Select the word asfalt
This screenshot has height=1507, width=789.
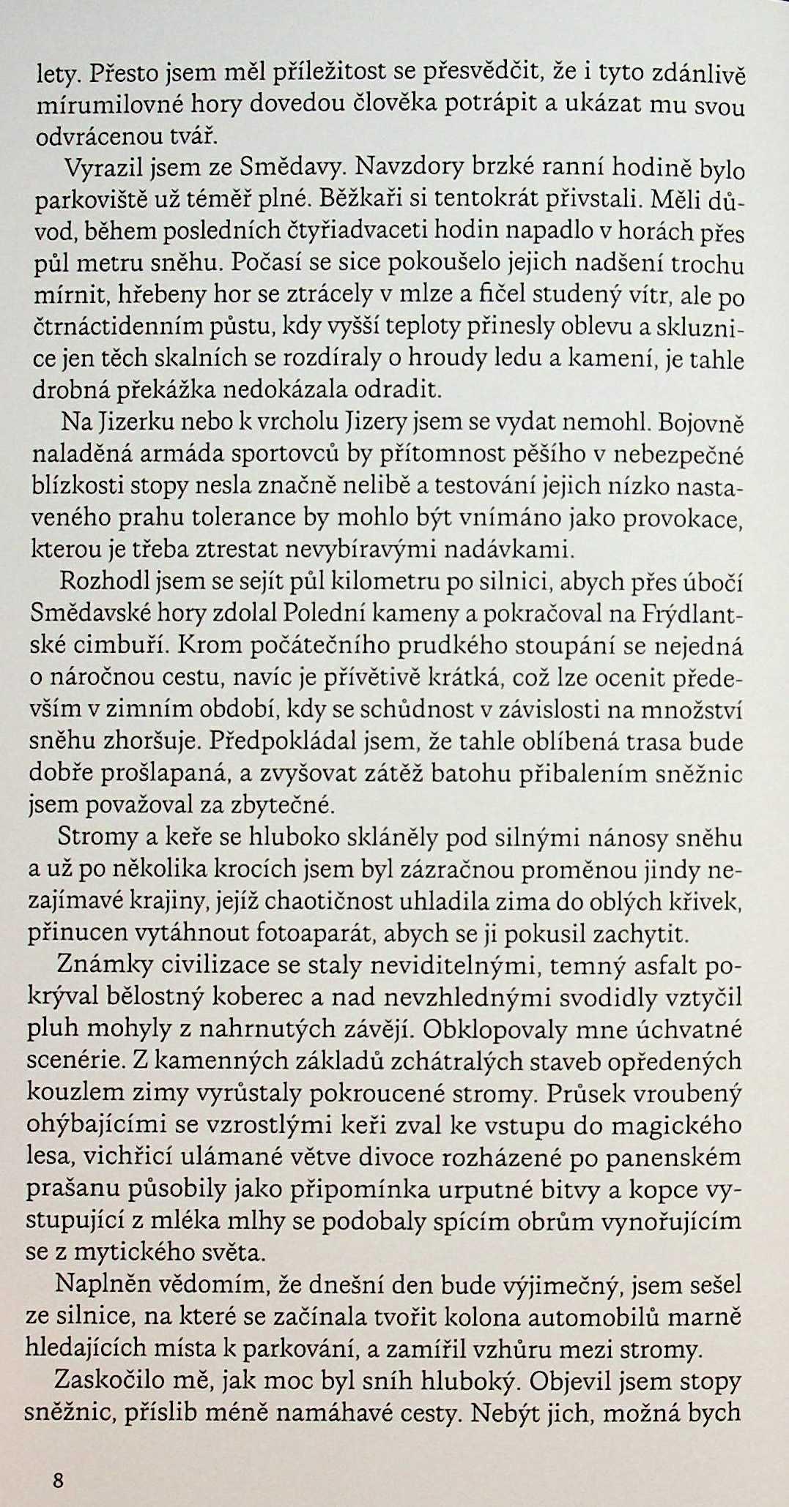[x=657, y=966]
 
